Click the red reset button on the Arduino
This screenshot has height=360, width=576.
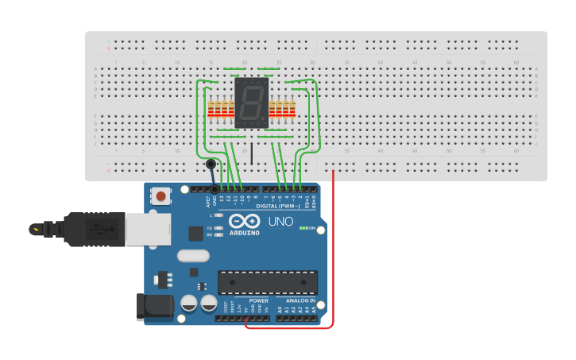161,195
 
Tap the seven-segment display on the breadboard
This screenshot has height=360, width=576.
252,103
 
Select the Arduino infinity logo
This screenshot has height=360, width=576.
244,221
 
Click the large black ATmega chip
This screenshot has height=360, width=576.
268,282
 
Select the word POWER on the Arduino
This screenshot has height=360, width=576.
258,301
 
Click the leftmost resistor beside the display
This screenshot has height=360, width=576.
211,109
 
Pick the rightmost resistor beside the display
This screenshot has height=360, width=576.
293,109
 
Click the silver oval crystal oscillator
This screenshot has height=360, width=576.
193,256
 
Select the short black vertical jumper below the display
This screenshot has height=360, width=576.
251,153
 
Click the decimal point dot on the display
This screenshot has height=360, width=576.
265,123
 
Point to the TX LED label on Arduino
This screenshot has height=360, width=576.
209,227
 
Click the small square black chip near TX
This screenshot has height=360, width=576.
195,233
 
